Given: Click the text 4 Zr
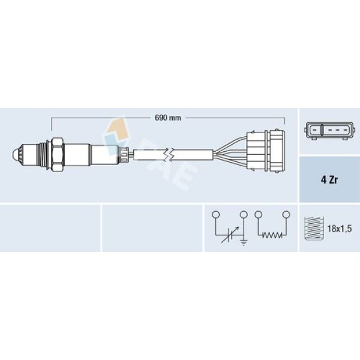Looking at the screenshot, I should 329,180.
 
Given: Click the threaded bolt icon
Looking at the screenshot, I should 314,229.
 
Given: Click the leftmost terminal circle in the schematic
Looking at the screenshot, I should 215,215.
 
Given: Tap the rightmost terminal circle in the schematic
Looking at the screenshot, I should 287,215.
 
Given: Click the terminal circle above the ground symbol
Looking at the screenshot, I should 244,215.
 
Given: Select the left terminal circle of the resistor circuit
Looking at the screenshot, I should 258,215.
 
